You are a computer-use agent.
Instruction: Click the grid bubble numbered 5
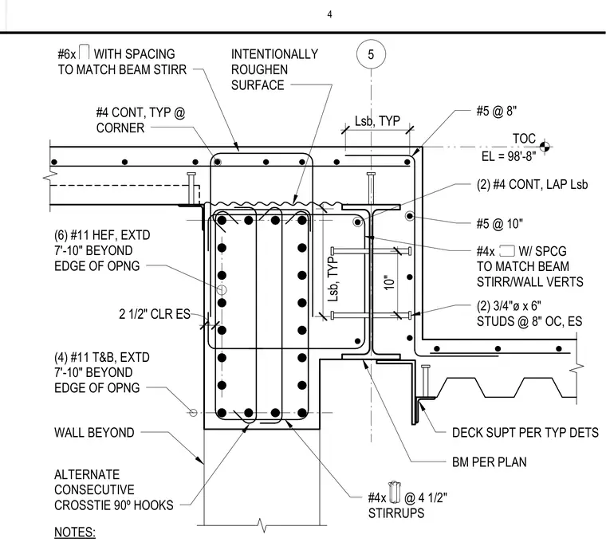(x=371, y=54)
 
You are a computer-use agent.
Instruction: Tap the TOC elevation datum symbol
(x=545, y=147)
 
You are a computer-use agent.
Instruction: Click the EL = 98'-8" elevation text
(x=509, y=156)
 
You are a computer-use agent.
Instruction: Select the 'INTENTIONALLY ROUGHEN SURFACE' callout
(x=274, y=69)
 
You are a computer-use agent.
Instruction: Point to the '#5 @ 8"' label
(x=497, y=112)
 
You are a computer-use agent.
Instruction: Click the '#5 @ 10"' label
(x=499, y=223)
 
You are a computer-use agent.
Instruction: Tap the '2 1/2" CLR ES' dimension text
(x=155, y=314)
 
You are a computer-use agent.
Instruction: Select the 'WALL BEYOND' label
(x=94, y=432)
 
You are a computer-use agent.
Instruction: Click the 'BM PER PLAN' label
(x=490, y=462)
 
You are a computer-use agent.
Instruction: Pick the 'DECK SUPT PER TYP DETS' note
(x=525, y=433)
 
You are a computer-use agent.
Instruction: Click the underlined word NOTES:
(x=75, y=532)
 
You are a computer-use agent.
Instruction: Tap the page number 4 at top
(x=329, y=14)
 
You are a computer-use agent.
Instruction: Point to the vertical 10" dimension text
(x=390, y=282)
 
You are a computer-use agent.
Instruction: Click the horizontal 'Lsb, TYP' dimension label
(x=377, y=121)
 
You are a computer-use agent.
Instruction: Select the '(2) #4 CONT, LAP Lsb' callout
(x=532, y=185)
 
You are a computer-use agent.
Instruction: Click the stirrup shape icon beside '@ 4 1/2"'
(x=395, y=493)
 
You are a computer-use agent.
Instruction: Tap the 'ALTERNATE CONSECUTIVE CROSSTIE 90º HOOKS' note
(x=114, y=489)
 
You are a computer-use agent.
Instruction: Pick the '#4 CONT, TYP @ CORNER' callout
(x=140, y=120)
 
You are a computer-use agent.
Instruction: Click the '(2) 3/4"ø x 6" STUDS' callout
(x=529, y=314)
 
